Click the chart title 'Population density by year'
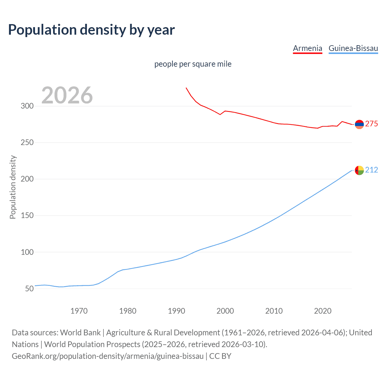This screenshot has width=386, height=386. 91,30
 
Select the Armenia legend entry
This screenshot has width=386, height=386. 307,48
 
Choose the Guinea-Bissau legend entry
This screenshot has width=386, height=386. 353,48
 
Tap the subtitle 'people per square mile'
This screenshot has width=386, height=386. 193,64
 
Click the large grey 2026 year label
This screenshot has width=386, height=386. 67,95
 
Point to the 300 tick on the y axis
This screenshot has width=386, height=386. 27,106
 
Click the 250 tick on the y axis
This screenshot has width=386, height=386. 27,143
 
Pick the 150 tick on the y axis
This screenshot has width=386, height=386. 27,216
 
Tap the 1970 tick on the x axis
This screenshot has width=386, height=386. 79,311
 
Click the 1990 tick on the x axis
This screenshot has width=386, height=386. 176,311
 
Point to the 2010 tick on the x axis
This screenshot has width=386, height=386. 274,311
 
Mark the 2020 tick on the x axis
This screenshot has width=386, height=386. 323,311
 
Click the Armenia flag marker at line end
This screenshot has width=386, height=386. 359,124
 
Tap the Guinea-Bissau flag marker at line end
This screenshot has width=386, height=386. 359,170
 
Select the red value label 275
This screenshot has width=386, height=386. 372,124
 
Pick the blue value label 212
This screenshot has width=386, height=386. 372,170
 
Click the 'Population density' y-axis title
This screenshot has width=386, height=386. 13,187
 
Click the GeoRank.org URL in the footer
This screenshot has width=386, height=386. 108,356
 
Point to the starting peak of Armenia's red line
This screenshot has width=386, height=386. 186,88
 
